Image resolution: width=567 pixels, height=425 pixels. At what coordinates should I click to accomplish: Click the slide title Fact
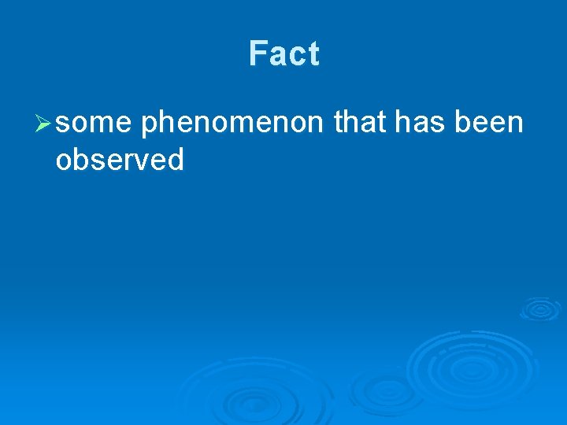click(x=284, y=54)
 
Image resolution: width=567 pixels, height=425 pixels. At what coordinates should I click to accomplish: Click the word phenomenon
click(x=232, y=124)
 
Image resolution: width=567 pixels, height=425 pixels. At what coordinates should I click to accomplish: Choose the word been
click(x=490, y=123)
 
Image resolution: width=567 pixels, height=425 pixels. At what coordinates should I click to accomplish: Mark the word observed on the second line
click(x=120, y=160)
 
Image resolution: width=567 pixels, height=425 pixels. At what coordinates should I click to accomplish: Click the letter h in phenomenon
click(x=168, y=123)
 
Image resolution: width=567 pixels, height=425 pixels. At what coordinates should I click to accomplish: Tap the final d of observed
click(x=176, y=160)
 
